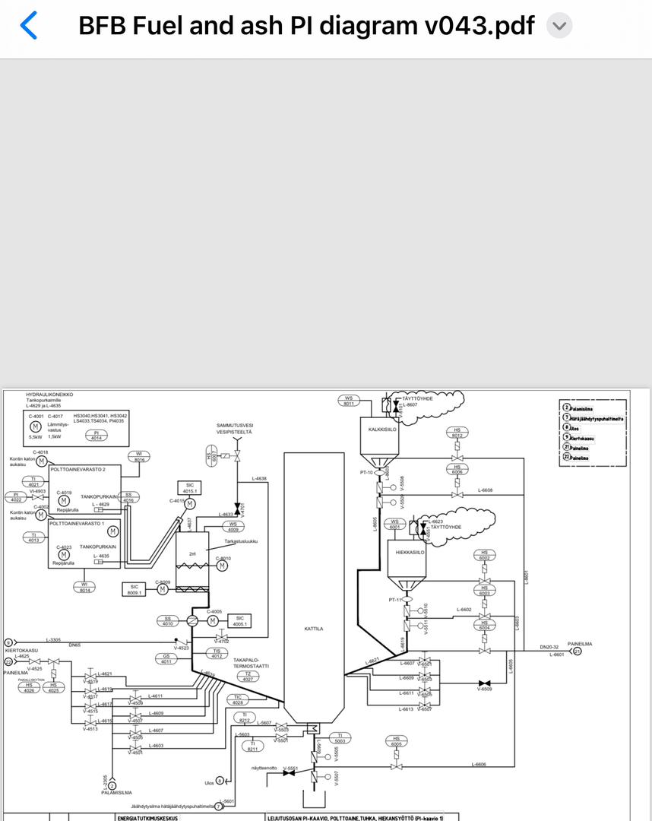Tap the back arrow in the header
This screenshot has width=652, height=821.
point(28,25)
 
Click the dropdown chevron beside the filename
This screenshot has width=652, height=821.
point(559,26)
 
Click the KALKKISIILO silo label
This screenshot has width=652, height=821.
point(382,430)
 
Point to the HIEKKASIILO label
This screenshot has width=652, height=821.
point(410,553)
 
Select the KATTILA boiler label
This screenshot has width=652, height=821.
point(314,629)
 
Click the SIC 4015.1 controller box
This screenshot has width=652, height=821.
point(189,488)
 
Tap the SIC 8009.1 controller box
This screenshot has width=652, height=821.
point(134,589)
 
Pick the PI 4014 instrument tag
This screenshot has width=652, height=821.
point(97,436)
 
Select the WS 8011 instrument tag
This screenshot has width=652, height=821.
point(349,400)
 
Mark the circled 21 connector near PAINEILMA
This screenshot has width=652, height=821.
point(578,651)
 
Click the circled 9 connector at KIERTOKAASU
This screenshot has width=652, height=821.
point(8,642)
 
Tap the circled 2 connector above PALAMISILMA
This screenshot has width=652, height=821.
point(112,785)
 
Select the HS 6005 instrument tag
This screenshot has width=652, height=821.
point(396,741)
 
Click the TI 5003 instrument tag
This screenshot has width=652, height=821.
point(340,737)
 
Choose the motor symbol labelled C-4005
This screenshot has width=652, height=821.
point(213,621)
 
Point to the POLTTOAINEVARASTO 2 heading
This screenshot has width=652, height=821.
point(78,469)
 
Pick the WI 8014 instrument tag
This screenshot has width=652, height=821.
point(84,587)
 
